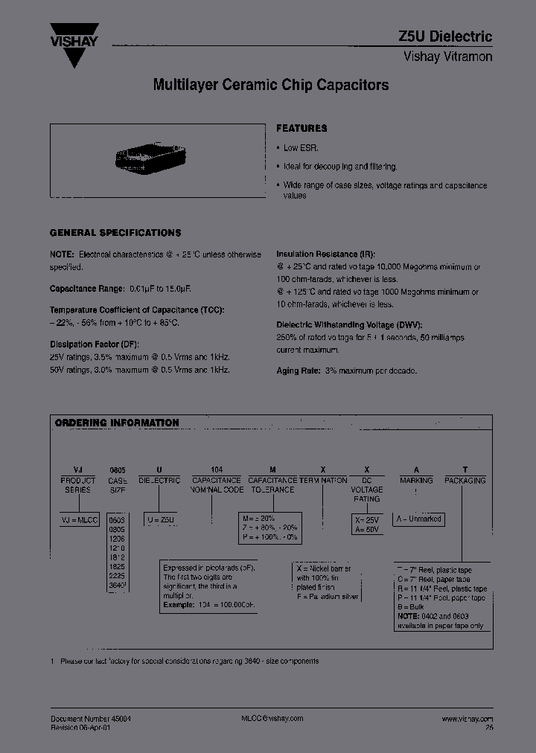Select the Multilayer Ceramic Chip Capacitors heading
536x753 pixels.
pos(271,85)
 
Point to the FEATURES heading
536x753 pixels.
pos(301,128)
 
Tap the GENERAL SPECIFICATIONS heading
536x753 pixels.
pos(115,232)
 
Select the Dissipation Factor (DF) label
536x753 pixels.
pos(94,344)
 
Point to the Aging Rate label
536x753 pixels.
pos(299,371)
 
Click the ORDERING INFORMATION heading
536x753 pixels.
pos(117,423)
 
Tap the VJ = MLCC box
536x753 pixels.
pos(78,519)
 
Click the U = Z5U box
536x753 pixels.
pos(162,519)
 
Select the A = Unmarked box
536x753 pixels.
pos(420,519)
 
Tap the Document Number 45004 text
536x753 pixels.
pos(90,718)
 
